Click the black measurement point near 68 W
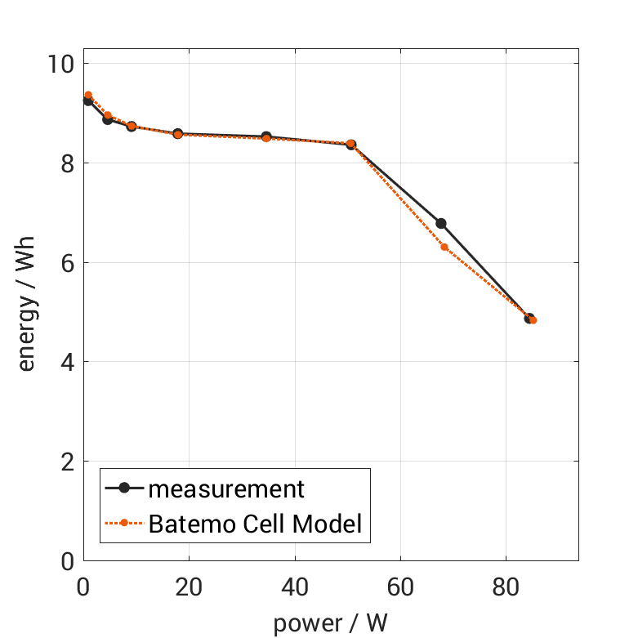click(441, 223)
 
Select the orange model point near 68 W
click(444, 247)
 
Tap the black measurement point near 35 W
click(266, 136)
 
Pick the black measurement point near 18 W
click(177, 133)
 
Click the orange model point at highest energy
click(88, 96)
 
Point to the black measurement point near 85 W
click(529, 319)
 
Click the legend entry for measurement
click(225, 489)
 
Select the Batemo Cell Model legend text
click(255, 523)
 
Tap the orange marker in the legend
click(124, 523)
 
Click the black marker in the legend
click(124, 489)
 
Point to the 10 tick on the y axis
click(60, 64)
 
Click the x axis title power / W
click(330, 622)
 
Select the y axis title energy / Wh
click(27, 312)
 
